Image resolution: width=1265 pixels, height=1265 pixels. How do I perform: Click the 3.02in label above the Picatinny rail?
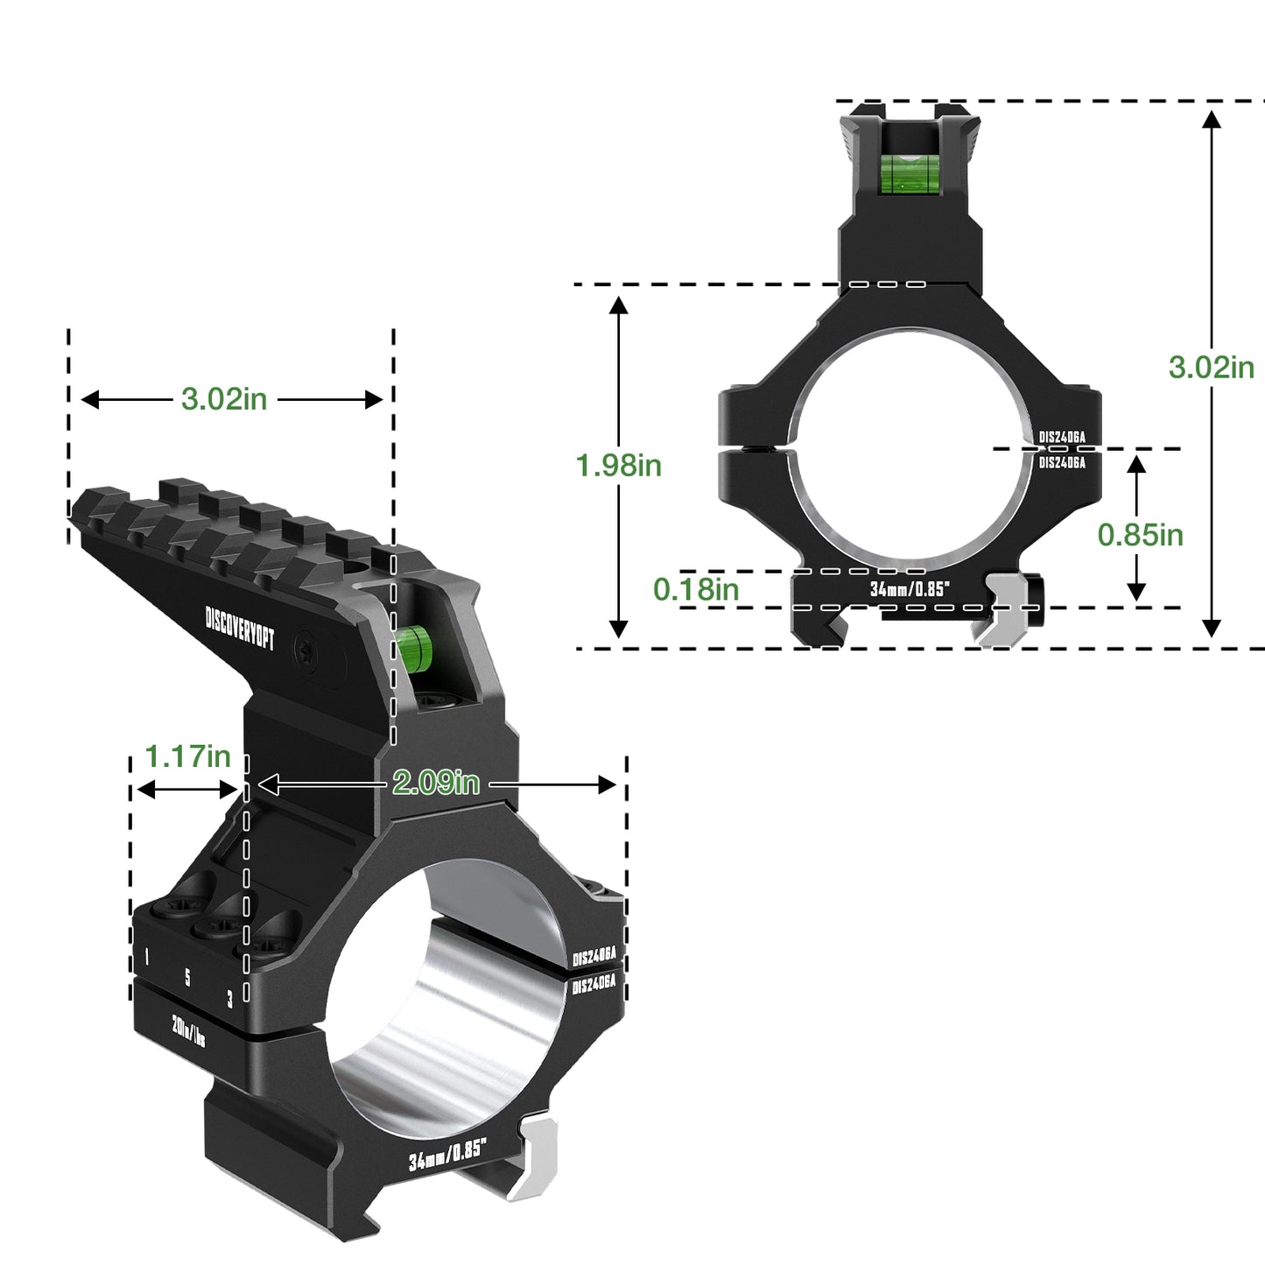[x=223, y=399]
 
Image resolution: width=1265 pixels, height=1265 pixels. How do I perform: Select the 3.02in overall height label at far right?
[x=1211, y=367]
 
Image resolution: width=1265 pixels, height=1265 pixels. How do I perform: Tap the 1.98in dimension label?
[x=618, y=466]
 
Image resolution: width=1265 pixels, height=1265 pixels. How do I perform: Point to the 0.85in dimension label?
[x=1140, y=534]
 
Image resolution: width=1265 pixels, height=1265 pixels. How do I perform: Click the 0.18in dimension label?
[x=696, y=589]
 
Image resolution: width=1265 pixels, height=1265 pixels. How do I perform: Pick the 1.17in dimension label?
[x=187, y=756]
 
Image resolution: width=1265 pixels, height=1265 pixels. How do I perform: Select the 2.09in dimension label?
[x=435, y=782]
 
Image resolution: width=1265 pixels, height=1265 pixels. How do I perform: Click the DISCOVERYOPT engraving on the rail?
[x=240, y=628]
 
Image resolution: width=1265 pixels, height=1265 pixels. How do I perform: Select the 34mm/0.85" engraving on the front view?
[x=910, y=589]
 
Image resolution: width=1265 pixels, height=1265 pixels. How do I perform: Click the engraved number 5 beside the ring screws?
[x=187, y=977]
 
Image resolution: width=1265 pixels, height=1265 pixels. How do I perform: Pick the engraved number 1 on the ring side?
[x=146, y=958]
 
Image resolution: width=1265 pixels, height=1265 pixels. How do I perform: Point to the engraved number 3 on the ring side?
[x=229, y=998]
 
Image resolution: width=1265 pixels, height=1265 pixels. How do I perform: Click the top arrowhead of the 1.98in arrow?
[x=618, y=305]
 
